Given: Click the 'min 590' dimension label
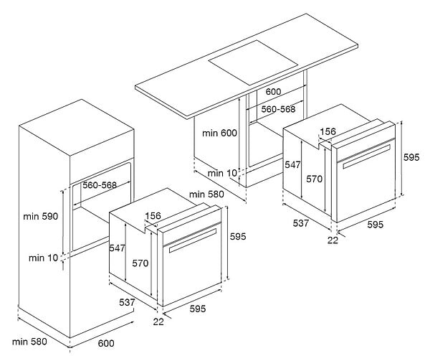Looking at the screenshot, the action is click(x=41, y=216).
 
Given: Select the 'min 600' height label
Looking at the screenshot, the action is click(x=219, y=133).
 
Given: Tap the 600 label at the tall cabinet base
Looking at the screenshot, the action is click(x=106, y=343).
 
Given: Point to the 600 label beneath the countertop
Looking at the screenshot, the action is click(x=273, y=91).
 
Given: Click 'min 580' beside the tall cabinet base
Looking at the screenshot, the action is click(x=29, y=342).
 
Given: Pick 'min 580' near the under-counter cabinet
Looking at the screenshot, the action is click(x=206, y=194).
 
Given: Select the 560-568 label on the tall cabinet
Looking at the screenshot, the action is click(x=100, y=185).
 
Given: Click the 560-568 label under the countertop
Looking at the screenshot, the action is click(x=278, y=109).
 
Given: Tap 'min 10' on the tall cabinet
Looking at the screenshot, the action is click(x=44, y=258).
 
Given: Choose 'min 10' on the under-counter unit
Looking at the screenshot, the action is click(x=222, y=173).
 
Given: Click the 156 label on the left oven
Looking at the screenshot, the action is click(x=153, y=216).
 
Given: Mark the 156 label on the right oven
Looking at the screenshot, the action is click(x=328, y=131).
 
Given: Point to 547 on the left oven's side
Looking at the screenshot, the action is click(x=118, y=248).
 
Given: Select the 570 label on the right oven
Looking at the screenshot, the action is click(x=315, y=179).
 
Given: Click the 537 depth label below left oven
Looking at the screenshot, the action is click(x=127, y=302).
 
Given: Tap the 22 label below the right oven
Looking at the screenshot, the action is click(x=333, y=240).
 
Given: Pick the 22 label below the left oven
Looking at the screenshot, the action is click(x=158, y=322).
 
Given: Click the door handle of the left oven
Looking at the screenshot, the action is click(x=193, y=240).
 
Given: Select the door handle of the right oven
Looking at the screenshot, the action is click(x=366, y=156).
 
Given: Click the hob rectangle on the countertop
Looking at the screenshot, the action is click(x=253, y=62).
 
